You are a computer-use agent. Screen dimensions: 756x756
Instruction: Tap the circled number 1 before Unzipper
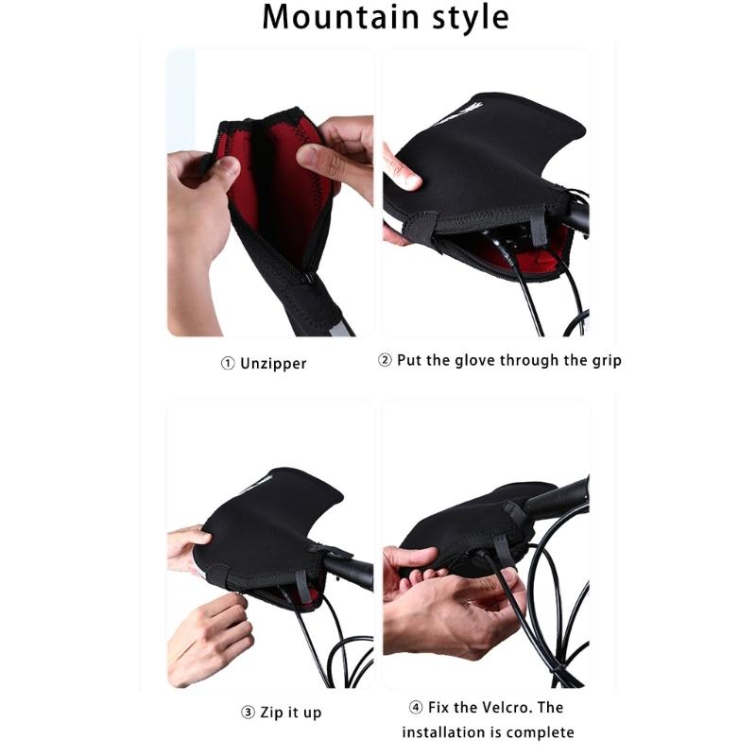point(228,363)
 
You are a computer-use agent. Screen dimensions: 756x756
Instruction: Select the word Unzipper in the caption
point(275,363)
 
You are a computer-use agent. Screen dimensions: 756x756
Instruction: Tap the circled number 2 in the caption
point(386,360)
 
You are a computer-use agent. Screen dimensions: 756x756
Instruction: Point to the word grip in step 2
point(601,360)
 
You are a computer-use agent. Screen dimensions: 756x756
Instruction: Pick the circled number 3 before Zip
point(247,711)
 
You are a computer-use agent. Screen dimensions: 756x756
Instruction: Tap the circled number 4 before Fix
point(416,707)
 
